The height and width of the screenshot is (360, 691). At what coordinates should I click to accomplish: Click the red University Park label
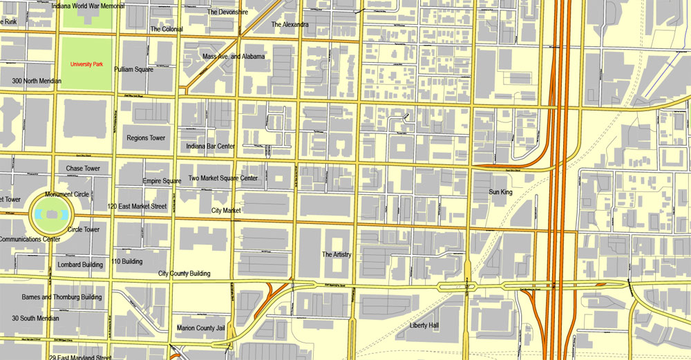[x=86, y=64]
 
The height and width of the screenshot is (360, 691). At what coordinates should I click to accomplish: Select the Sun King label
[x=500, y=192]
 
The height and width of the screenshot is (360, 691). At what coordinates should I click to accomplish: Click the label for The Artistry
[x=337, y=254]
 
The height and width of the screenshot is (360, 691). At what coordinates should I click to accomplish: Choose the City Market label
[x=225, y=210]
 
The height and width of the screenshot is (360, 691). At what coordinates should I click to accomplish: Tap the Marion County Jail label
[x=201, y=328]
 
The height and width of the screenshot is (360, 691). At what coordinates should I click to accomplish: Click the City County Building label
[x=184, y=274]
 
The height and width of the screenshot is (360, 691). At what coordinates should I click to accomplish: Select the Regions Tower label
[x=146, y=138]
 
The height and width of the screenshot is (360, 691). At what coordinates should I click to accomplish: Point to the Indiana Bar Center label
[x=211, y=146]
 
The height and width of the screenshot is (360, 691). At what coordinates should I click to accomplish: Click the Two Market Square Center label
[x=223, y=178]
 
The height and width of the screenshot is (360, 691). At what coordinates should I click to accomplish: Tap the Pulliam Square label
[x=133, y=70]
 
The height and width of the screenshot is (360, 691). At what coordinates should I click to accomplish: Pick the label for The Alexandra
[x=290, y=24]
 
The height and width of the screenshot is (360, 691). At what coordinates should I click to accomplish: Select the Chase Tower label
[x=83, y=169]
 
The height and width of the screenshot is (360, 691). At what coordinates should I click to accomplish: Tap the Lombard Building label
[x=82, y=265]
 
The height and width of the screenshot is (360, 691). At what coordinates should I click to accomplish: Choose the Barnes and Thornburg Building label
[x=61, y=297]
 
